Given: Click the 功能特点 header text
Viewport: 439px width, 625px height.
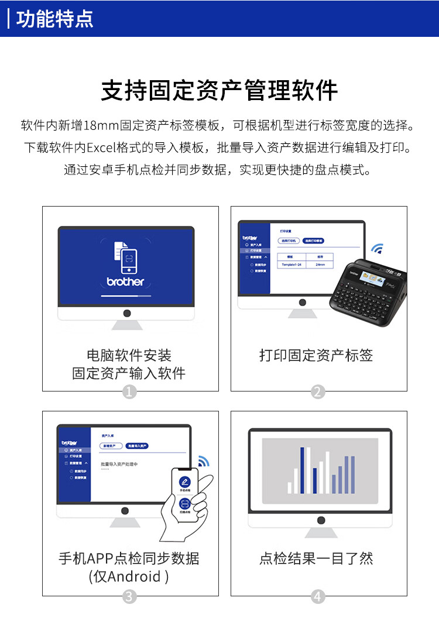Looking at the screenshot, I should point(54,19).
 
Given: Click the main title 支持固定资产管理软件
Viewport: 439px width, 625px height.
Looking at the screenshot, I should point(220,91).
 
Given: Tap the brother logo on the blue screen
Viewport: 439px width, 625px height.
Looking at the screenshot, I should point(125,281).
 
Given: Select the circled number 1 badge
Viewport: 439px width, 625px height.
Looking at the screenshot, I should point(130,392).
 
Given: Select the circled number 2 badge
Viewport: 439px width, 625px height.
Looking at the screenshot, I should point(318,392).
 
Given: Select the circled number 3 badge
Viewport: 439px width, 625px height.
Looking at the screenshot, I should point(130,596).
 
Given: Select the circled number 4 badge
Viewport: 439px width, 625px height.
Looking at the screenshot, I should point(318,596).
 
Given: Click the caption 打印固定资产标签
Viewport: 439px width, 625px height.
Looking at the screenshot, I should point(316,355).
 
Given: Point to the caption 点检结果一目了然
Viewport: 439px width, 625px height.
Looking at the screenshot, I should point(316,558).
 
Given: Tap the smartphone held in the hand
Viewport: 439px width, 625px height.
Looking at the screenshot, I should point(184,492).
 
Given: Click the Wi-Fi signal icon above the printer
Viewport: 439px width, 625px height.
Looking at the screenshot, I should point(377,249).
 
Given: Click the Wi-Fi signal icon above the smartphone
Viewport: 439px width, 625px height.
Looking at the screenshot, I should point(203,461).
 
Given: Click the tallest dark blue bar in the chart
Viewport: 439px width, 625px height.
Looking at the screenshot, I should point(303,470).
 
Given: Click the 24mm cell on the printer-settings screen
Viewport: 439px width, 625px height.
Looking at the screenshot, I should point(320,265).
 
